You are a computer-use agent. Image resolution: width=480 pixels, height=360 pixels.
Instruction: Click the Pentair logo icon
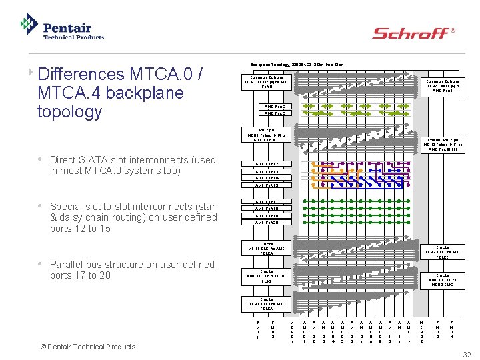tap(29, 24)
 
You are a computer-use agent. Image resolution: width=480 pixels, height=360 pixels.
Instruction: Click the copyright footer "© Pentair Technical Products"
tap(87, 346)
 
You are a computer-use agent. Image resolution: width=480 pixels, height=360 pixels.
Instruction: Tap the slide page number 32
tap(467, 354)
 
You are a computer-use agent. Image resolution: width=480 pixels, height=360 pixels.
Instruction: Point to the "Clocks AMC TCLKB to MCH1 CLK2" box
tap(266, 277)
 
